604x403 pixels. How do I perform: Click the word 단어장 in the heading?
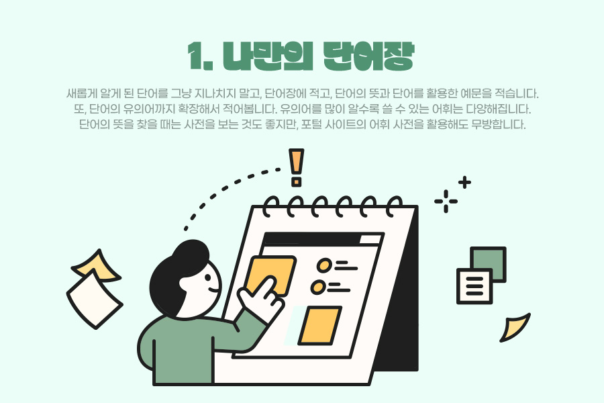pos(368,56)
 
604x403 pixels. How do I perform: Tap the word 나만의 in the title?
pos(267,56)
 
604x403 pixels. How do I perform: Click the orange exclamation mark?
pos(296,168)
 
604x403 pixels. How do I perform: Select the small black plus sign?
pos(464,183)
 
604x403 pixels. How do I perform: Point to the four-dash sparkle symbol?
pos(446,201)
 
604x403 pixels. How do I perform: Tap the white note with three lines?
pos(474,286)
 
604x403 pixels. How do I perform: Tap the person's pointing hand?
pos(262,298)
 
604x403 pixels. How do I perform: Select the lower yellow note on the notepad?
pos(319,326)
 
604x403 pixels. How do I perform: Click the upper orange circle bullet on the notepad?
pos(324,265)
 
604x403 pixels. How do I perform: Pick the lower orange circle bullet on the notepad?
pos(319,287)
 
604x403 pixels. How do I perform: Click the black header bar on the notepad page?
pos(322,239)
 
